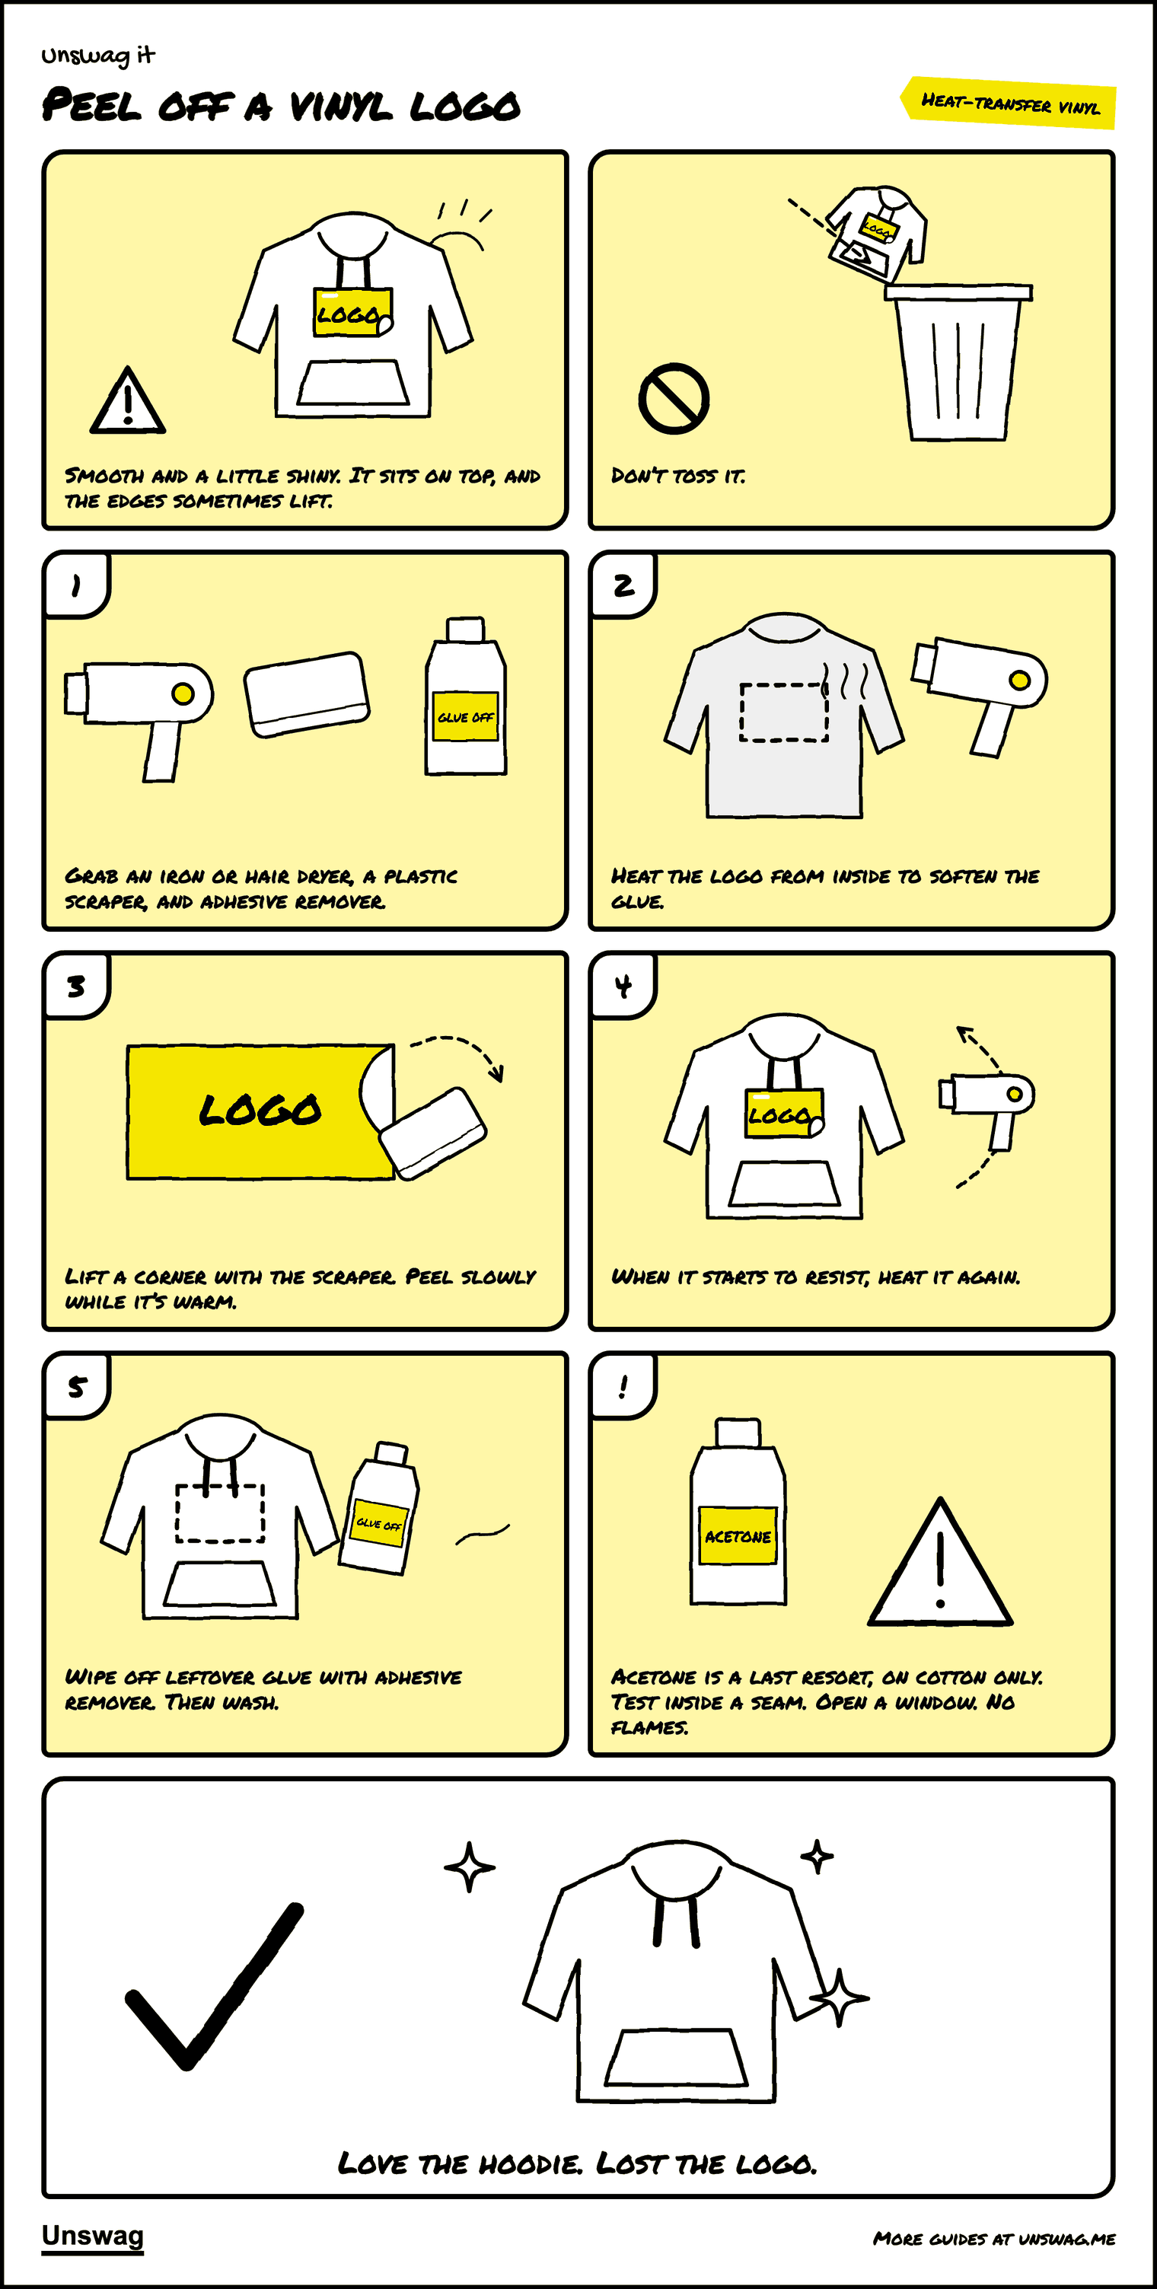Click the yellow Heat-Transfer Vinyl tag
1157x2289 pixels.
pos(1009,103)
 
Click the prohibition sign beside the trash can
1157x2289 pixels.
pos(674,398)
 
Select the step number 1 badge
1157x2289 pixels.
pos(76,585)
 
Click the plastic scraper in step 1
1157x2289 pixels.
pos(307,694)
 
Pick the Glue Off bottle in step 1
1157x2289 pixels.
pos(466,697)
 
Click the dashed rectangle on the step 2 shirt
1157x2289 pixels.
pos(784,712)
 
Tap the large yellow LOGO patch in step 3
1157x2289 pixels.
pos(260,1111)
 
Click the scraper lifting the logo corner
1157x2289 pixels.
pos(433,1133)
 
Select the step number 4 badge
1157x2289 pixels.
pos(623,986)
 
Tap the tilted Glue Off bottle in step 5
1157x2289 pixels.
pos(378,1508)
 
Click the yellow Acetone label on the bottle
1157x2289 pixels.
pos(738,1535)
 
